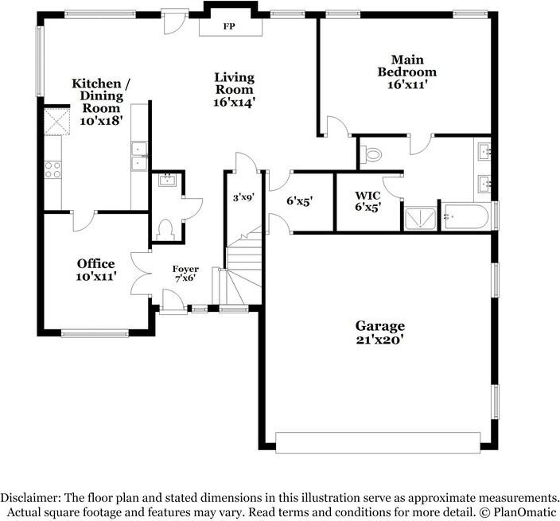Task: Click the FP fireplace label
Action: click(x=228, y=25)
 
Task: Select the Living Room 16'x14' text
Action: click(x=234, y=89)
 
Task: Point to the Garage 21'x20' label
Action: click(x=379, y=332)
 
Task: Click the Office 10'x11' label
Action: click(x=95, y=270)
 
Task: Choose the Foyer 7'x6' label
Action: click(x=185, y=274)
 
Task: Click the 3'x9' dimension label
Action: click(x=242, y=196)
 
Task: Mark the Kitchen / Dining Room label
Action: click(x=99, y=101)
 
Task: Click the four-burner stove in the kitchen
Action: click(x=52, y=169)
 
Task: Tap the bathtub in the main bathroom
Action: click(x=466, y=216)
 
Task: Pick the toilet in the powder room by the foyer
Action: click(x=166, y=230)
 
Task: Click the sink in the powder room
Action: click(x=166, y=181)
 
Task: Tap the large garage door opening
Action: click(x=378, y=441)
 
